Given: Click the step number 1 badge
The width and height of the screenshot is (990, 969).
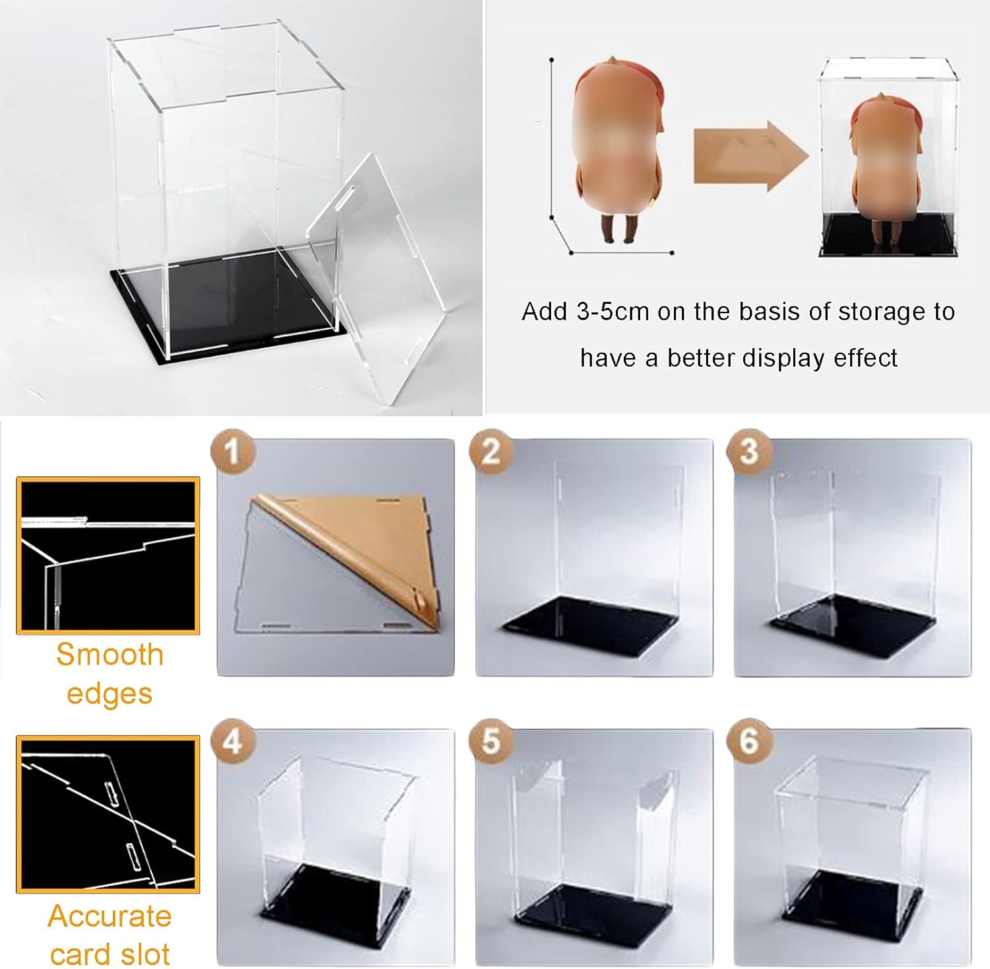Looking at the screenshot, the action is click(x=232, y=452).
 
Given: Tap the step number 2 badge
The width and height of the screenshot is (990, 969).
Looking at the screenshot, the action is click(x=490, y=452).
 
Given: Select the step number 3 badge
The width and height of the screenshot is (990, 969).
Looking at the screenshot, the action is click(x=748, y=452).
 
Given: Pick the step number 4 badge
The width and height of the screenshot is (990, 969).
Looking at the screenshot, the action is click(x=232, y=741).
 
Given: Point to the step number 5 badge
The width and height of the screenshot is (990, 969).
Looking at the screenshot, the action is click(x=490, y=741).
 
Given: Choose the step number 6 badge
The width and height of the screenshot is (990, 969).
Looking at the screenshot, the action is click(x=748, y=741).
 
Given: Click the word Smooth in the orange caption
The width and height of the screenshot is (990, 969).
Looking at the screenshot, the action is click(x=110, y=655).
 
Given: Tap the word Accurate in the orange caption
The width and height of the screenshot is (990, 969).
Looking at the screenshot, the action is click(x=110, y=916).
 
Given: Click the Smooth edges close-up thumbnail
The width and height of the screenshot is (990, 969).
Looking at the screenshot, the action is click(x=108, y=556).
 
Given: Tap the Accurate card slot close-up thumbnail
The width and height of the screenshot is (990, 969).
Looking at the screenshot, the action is click(x=108, y=814).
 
